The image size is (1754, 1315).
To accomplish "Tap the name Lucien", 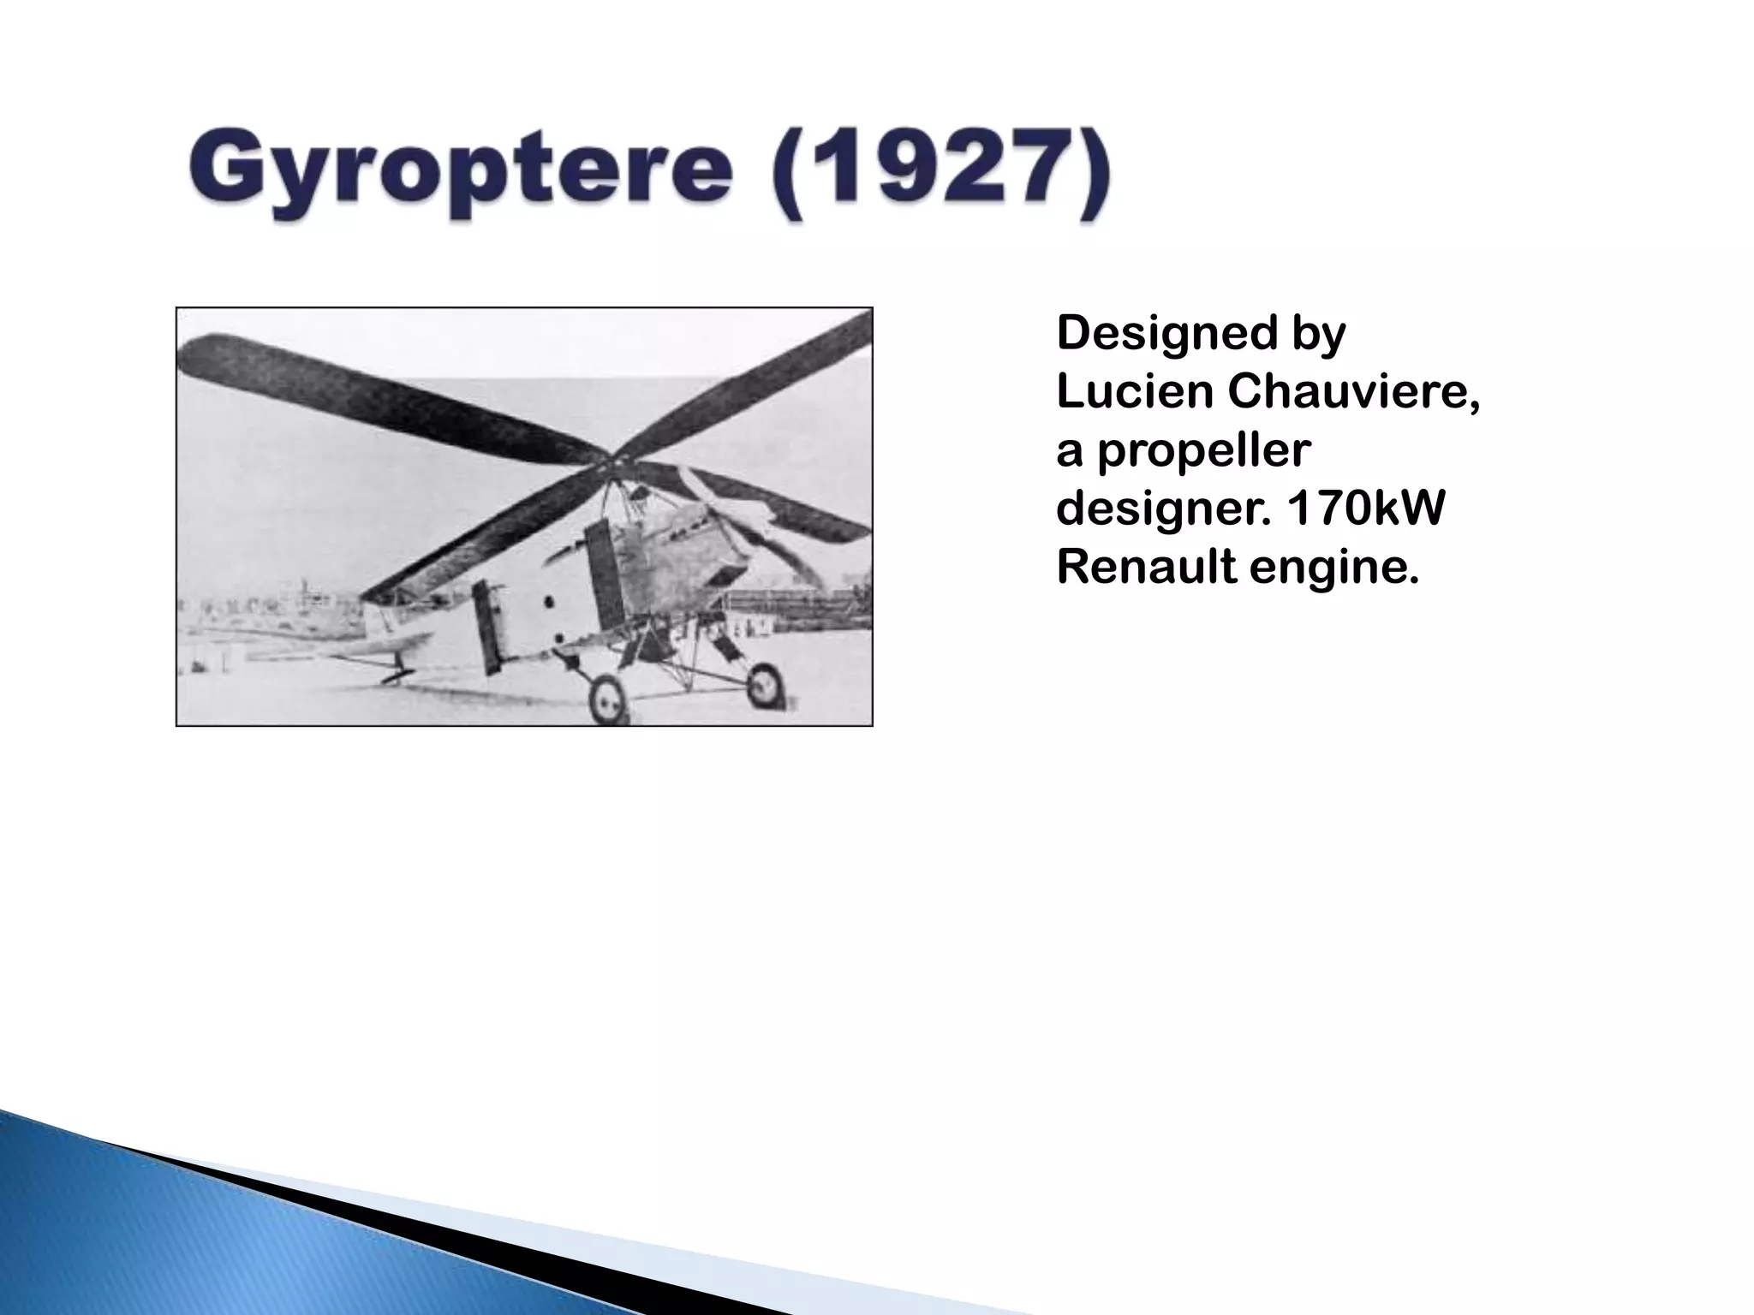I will pos(1135,391).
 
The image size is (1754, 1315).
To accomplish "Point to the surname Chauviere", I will pos(1354,391).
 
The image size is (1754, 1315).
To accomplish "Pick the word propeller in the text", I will pos(1204,451).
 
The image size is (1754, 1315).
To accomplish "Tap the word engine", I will pos(1335,567).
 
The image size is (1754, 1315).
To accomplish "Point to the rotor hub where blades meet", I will pos(610,465).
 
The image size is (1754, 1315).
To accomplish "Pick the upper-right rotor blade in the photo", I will pos(745,385).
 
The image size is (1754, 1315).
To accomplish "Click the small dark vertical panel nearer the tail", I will pos(487,625).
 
